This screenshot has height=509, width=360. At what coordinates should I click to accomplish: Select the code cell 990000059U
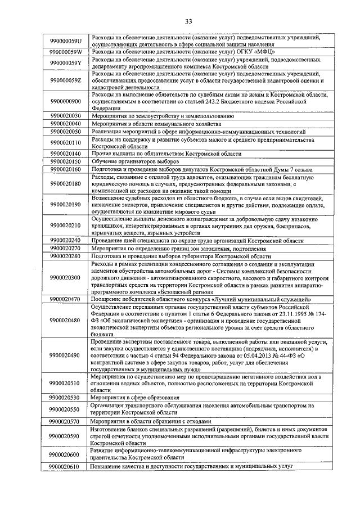(66, 40)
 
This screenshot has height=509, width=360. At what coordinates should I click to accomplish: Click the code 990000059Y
(66, 62)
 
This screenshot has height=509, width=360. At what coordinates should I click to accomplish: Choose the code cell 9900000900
(66, 102)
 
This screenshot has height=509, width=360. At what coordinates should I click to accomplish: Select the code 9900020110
(66, 142)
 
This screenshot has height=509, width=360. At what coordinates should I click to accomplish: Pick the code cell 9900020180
(66, 183)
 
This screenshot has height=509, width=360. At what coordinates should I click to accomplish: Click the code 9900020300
(66, 277)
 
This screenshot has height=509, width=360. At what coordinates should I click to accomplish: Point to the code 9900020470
(66, 299)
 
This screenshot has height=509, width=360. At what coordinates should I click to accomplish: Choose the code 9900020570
(66, 421)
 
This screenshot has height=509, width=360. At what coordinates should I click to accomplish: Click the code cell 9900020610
(66, 466)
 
